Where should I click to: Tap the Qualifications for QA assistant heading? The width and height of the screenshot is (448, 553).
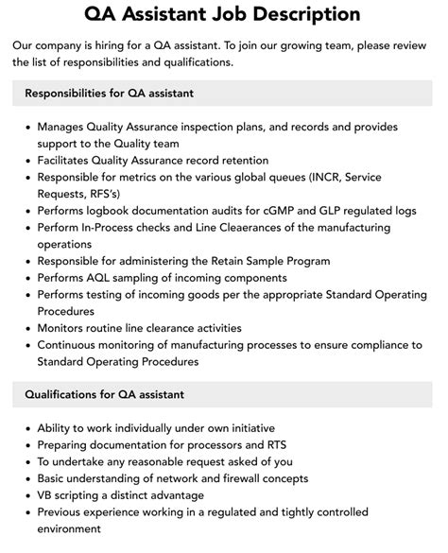point(104,394)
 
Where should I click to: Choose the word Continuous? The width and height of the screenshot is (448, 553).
point(72,345)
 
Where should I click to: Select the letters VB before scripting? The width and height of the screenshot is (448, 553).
point(46,495)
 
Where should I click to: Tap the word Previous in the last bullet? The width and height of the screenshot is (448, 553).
point(63,512)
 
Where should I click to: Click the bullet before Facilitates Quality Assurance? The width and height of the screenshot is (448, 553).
point(26,161)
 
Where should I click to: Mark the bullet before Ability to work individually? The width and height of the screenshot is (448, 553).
point(26,427)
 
